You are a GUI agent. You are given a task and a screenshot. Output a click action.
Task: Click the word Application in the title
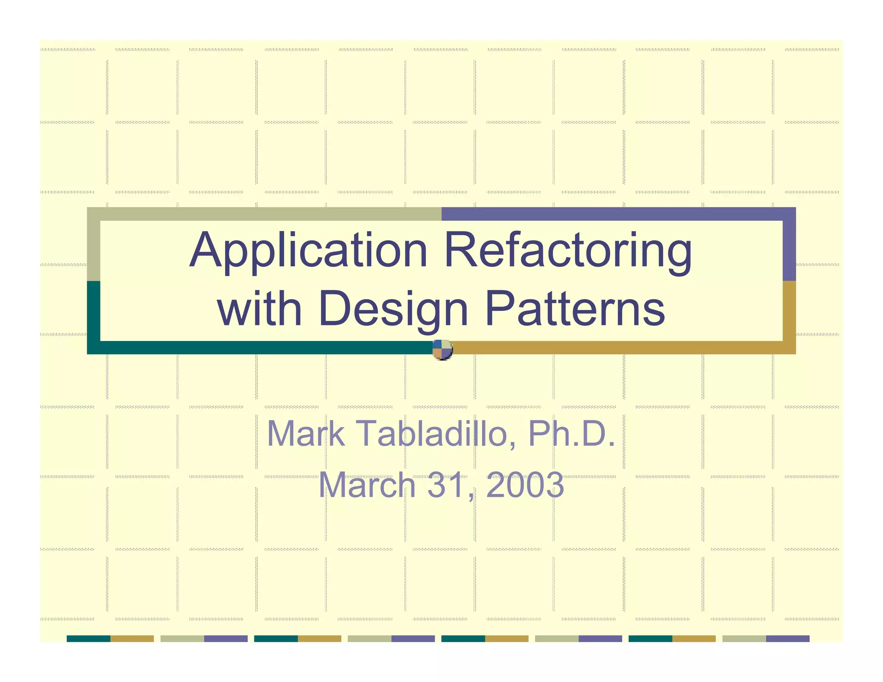[308, 252]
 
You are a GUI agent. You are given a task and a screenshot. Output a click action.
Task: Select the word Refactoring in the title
[568, 252]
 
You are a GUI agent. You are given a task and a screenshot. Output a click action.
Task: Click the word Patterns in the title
[575, 309]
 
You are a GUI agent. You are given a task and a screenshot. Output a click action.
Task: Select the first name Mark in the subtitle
[306, 434]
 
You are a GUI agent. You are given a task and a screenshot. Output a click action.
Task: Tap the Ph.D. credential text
[572, 434]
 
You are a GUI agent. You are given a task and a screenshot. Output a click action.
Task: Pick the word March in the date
[367, 485]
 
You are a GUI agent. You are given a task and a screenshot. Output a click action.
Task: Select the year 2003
[525, 485]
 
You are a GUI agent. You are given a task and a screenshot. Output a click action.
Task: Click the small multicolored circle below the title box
[442, 350]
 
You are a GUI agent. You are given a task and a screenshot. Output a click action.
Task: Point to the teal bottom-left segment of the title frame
[259, 347]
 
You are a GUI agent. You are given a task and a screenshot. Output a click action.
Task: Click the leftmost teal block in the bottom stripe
[88, 638]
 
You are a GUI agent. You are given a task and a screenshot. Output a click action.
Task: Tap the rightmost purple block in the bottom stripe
[788, 638]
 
